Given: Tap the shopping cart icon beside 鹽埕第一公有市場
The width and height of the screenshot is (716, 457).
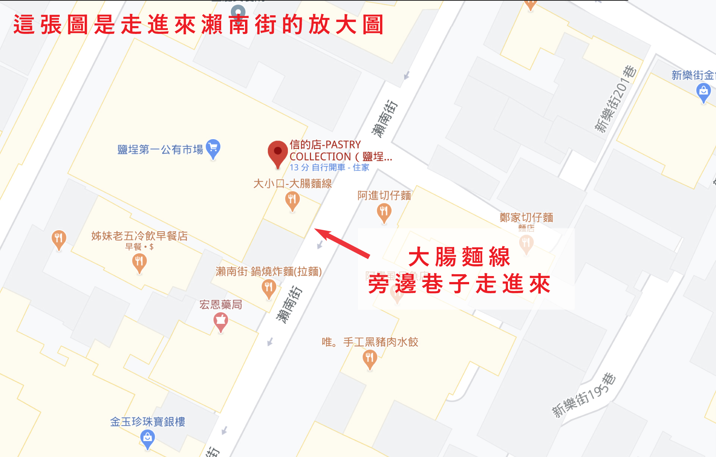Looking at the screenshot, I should tap(213, 148).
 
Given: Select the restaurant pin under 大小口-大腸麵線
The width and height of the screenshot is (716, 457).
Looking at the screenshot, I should tap(292, 200).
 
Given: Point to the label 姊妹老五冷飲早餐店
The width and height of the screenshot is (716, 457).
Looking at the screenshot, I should tap(139, 236).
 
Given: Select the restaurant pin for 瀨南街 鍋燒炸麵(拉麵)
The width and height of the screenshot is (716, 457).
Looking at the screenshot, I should tap(268, 288).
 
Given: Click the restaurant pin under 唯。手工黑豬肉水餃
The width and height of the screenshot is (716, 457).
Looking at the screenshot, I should tap(370, 359).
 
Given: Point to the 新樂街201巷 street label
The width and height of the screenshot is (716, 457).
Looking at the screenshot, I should tap(615, 99).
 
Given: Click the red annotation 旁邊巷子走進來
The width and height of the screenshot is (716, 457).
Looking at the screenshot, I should tap(459, 284).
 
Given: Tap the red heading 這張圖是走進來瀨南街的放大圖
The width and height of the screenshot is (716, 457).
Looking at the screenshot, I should tap(198, 25).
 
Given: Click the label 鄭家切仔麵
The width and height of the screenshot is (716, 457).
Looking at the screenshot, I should tap(526, 217).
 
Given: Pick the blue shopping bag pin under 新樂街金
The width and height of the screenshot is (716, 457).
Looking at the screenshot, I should tap(703, 91).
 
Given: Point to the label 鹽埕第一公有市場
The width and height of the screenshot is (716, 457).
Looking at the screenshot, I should tap(160, 150).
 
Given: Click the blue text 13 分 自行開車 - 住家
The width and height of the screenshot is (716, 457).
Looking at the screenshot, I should tap(329, 168).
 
